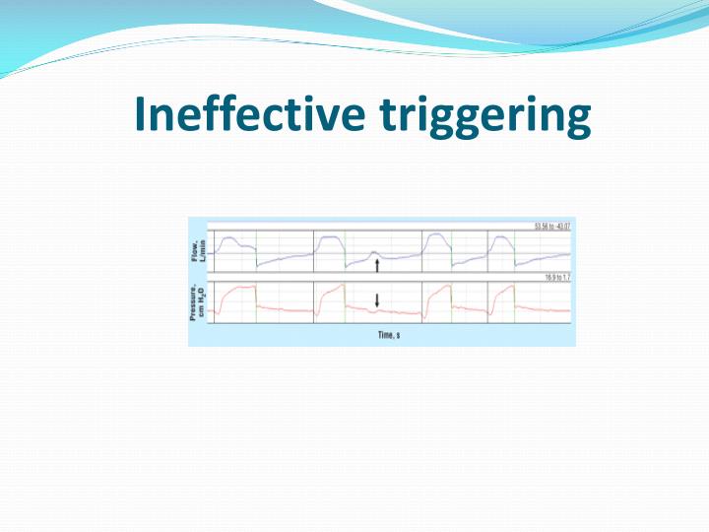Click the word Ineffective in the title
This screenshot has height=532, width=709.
[250, 116]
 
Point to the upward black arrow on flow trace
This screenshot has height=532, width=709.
[377, 268]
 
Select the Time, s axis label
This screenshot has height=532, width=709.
[388, 335]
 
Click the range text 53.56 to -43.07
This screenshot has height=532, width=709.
[552, 227]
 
